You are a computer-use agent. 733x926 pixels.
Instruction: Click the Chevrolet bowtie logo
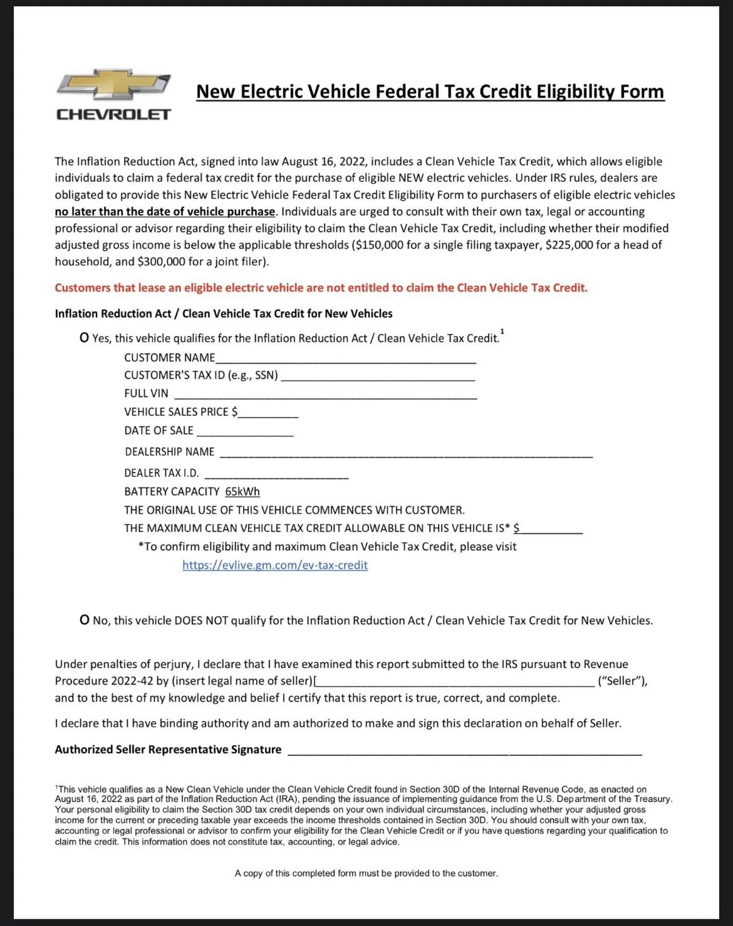click(113, 85)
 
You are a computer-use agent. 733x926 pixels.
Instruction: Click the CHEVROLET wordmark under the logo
click(113, 114)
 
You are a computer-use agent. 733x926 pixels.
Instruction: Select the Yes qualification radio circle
click(85, 338)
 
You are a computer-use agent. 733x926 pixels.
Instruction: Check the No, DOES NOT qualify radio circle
click(85, 620)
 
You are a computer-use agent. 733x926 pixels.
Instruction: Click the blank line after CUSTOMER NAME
click(345, 359)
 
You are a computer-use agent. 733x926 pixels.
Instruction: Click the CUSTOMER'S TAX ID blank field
click(377, 377)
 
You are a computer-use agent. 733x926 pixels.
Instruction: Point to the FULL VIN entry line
click(325, 395)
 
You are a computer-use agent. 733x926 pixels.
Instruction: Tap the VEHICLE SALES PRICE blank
click(268, 414)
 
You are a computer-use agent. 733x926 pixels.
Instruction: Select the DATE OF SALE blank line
click(244, 432)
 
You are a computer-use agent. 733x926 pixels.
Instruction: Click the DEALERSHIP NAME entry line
click(406, 454)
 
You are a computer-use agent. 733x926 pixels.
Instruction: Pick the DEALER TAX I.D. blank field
click(276, 475)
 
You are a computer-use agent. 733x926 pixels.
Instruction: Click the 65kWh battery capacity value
click(242, 492)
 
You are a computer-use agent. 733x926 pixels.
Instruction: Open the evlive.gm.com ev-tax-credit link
click(275, 565)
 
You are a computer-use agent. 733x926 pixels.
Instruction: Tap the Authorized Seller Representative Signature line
click(464, 751)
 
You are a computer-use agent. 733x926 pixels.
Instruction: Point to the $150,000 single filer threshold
click(378, 245)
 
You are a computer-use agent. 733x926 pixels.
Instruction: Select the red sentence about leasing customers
click(321, 288)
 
